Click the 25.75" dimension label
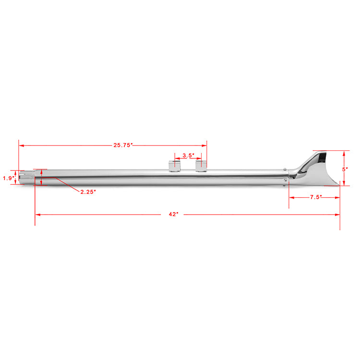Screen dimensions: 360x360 pos(123,145)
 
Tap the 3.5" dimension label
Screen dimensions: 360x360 pos(188,156)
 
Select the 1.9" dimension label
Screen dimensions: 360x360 pos(9,178)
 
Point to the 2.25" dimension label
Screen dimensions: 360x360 pos(88,192)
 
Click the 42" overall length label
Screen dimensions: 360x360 pos(173,214)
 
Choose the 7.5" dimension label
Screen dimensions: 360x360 pos(316,197)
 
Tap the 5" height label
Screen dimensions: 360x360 pos(345,169)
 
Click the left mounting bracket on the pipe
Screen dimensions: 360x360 pos(175,166)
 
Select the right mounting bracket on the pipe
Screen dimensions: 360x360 pos(201,166)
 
